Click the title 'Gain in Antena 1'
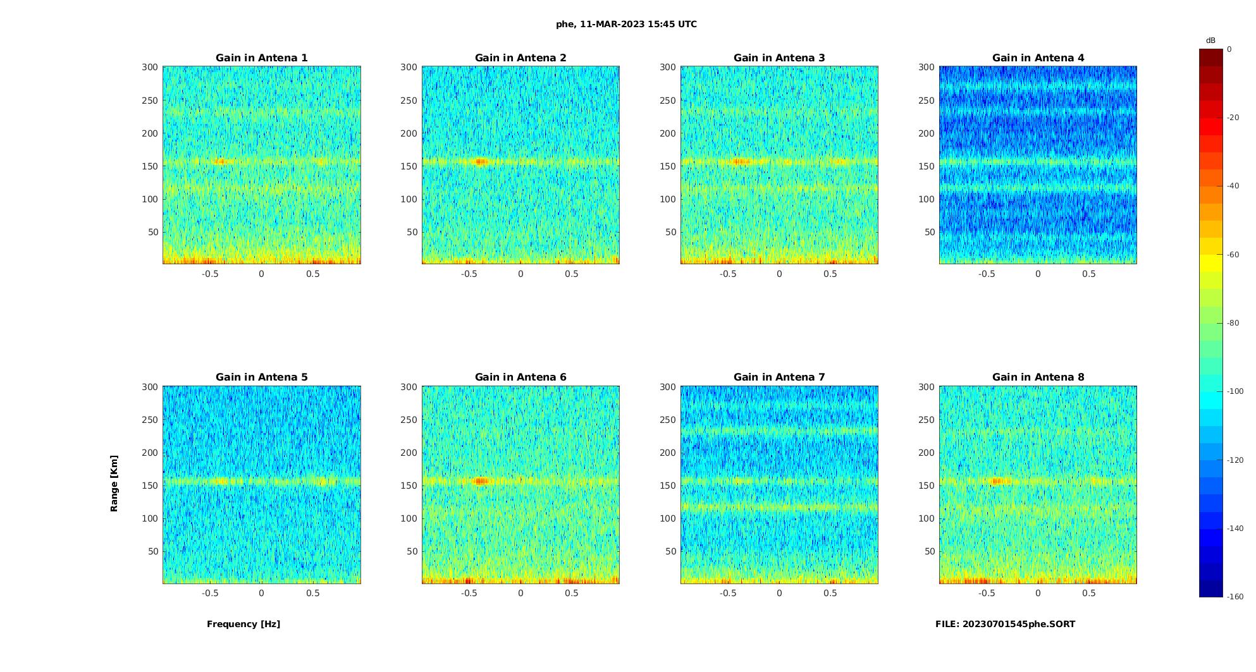261,58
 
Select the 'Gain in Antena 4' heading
1038,58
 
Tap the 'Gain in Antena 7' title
779,377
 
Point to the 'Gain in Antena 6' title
520,377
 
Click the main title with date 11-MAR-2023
626,24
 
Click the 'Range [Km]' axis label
114,484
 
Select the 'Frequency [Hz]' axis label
243,624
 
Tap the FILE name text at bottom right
1005,624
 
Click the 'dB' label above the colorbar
1210,40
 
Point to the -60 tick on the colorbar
1233,255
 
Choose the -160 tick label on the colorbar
1235,597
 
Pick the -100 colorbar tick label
1235,391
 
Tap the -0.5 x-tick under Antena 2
469,274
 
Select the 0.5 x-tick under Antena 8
1089,593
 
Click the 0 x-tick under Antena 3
779,274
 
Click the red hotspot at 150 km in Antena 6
482,481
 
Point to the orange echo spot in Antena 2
481,162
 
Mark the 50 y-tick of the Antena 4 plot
930,232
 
